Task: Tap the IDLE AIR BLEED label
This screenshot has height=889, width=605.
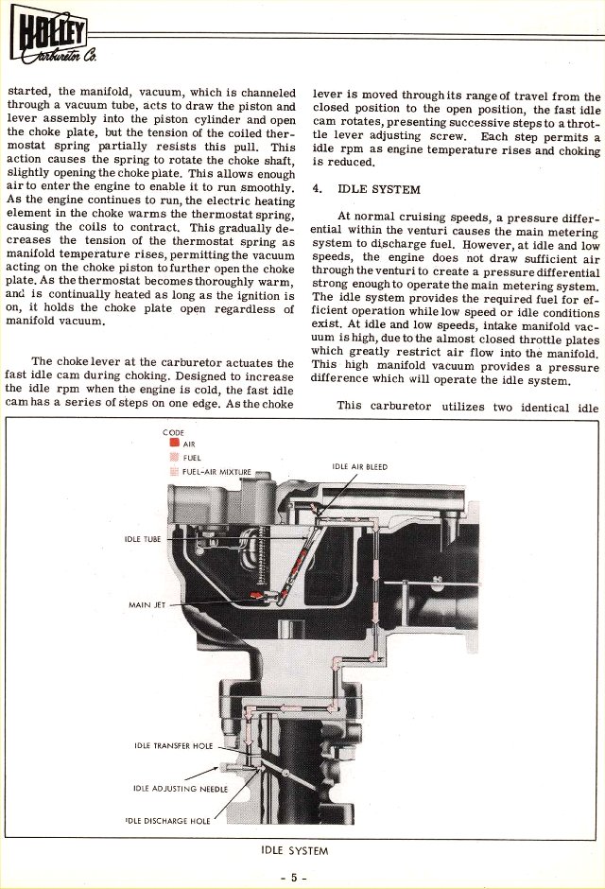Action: tap(360, 466)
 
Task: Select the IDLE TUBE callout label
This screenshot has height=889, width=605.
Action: tap(143, 539)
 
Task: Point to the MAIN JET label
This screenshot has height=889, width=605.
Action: tap(147, 604)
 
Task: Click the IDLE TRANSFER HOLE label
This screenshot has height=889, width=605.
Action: tap(173, 745)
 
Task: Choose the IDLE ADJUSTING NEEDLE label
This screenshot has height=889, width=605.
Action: tap(181, 789)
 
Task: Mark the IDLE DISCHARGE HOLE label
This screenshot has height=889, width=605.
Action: tap(167, 820)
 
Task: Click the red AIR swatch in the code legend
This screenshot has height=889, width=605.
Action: tap(174, 443)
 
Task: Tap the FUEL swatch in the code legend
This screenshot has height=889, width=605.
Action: tap(174, 457)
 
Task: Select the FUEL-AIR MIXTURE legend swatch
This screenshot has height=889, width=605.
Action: tap(174, 471)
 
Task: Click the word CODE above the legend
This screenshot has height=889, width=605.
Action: tap(173, 432)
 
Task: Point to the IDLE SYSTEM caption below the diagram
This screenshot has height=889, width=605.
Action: tap(295, 850)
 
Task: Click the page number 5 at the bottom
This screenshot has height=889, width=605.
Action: tap(294, 877)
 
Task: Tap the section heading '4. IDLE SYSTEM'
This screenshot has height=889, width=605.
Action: tap(367, 189)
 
